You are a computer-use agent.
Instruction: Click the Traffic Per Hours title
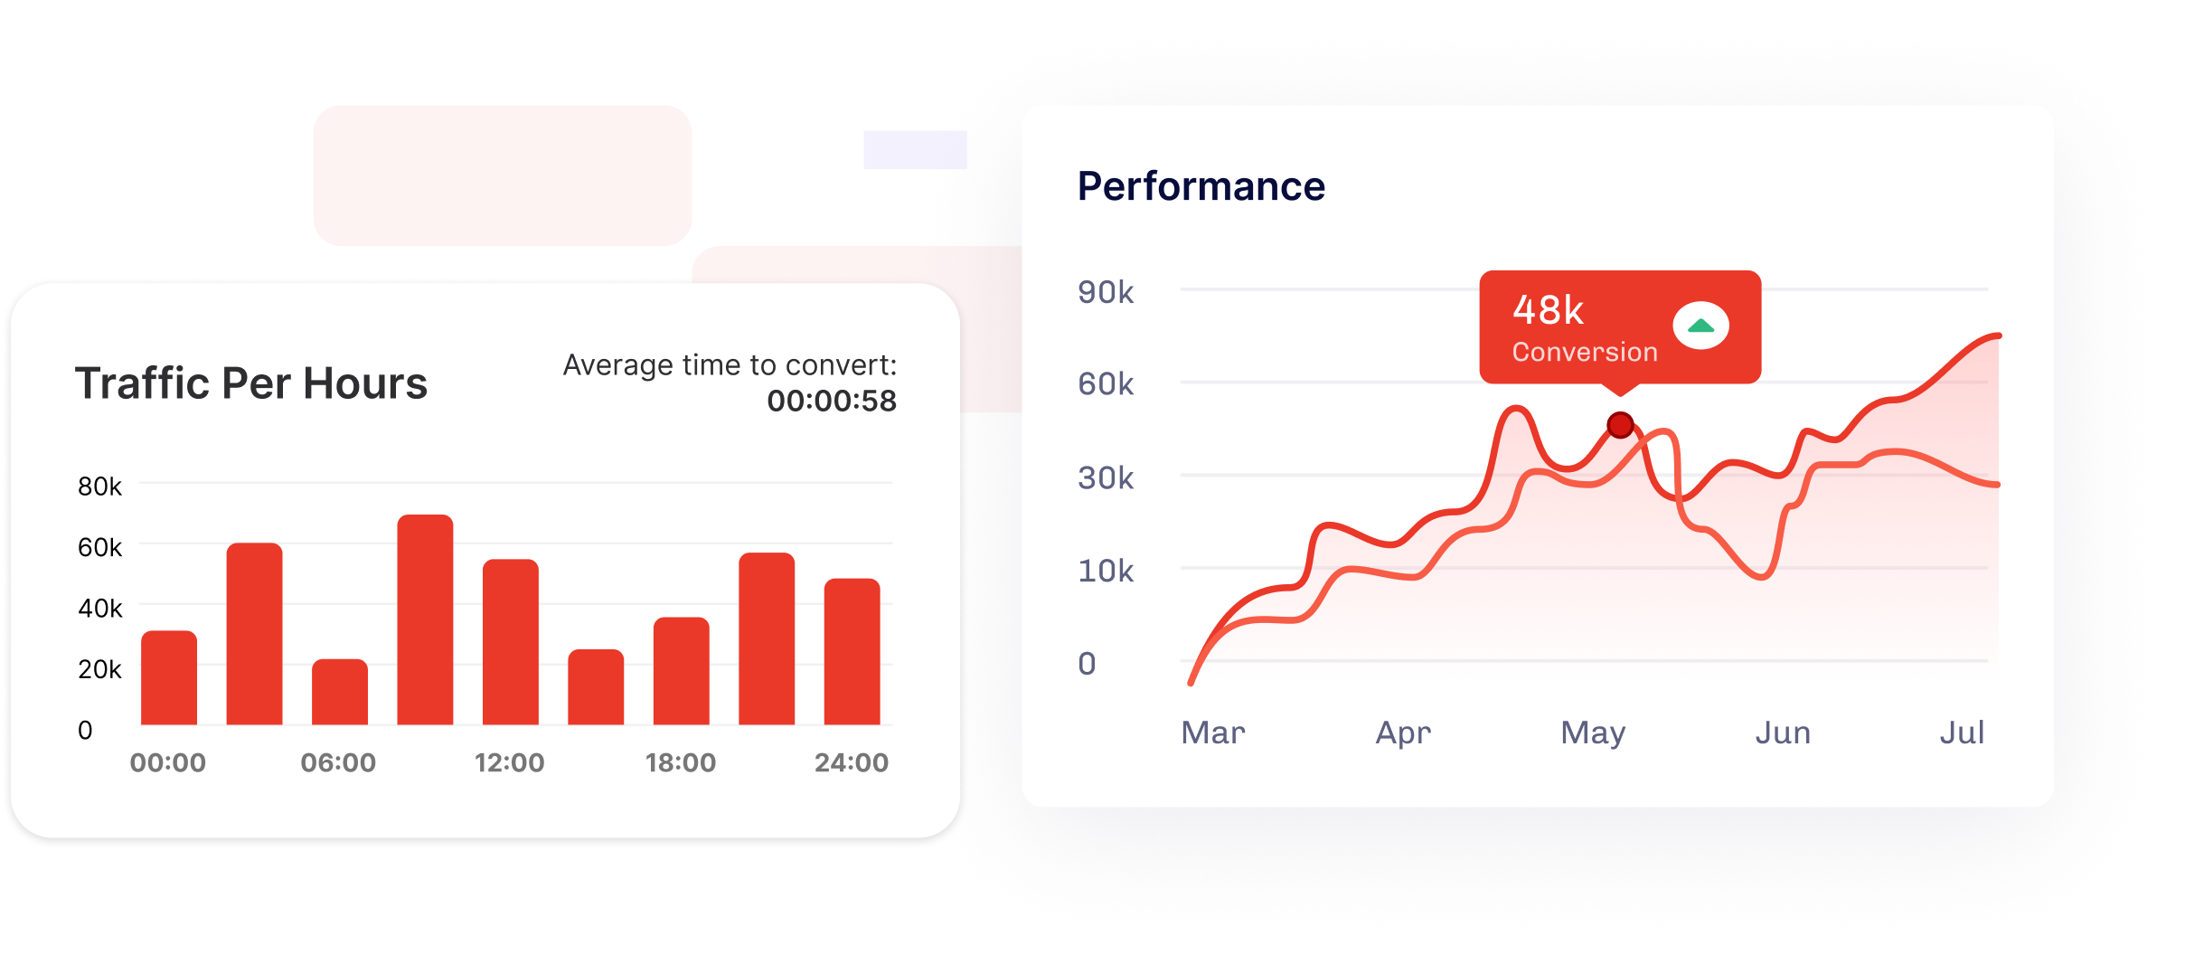coord(251,383)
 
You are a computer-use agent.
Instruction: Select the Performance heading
coord(1201,186)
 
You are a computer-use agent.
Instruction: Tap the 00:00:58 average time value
coord(832,401)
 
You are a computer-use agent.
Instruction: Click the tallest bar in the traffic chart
coord(425,619)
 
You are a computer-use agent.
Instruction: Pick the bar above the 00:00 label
coord(169,677)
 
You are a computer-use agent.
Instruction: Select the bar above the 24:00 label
coord(852,651)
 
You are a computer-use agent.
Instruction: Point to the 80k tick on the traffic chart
coord(99,487)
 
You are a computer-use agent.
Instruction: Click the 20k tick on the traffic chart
coord(99,669)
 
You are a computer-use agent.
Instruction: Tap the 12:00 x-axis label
coord(510,762)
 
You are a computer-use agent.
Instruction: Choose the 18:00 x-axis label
coord(681,762)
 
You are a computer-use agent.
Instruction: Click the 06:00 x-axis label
coord(338,762)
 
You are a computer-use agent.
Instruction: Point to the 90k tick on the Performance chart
coord(1106,292)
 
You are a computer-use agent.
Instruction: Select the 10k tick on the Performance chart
coord(1106,571)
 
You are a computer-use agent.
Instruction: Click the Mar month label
coord(1213,732)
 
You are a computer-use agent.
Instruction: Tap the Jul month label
coord(1962,732)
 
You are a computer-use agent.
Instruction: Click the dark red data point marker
coord(1620,424)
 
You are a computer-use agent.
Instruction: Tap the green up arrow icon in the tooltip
coord(1700,326)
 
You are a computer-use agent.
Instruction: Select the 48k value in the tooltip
coord(1548,310)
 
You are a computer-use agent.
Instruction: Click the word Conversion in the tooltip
coord(1585,352)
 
